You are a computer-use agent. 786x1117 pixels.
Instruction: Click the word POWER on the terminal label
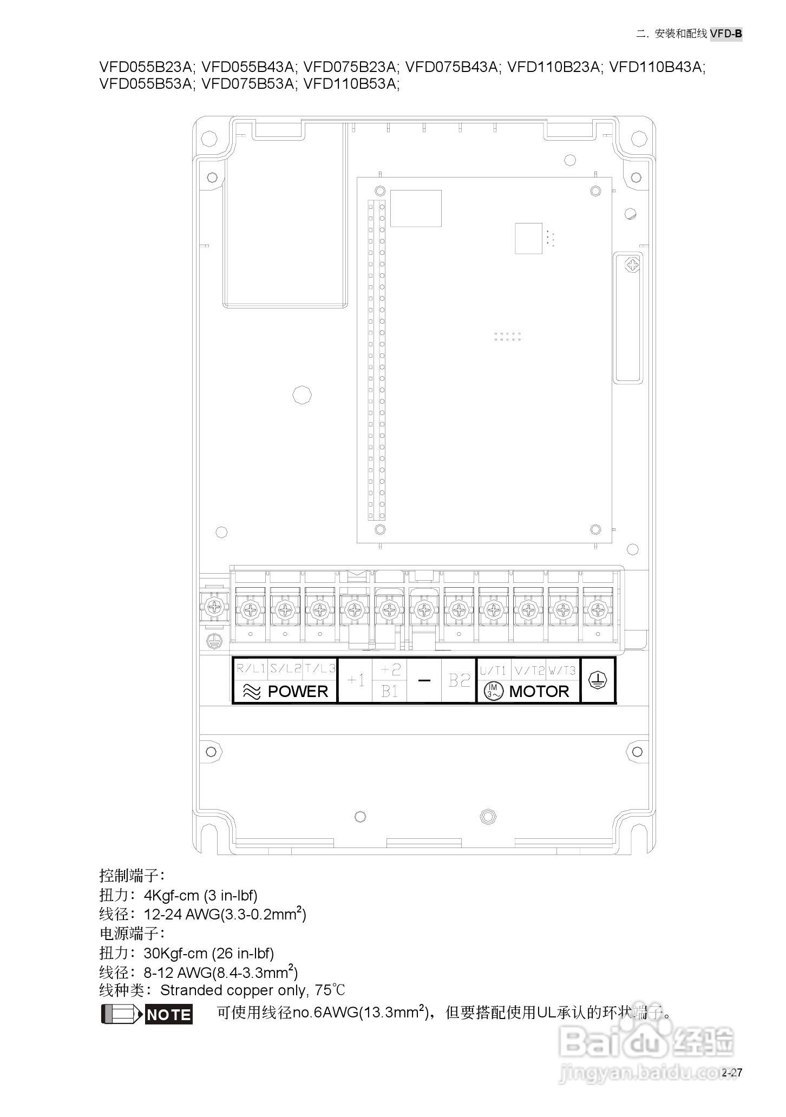click(298, 692)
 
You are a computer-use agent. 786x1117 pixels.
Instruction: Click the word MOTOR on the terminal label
click(539, 692)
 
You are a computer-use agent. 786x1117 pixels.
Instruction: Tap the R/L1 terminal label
click(251, 669)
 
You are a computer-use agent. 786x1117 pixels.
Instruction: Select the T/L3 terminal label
click(320, 669)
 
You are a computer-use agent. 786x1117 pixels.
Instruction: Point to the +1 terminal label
click(355, 680)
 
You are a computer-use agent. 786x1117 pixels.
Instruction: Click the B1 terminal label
click(390, 691)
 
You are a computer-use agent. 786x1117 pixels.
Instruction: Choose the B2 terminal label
click(459, 680)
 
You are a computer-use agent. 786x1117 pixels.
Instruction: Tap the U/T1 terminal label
click(493, 671)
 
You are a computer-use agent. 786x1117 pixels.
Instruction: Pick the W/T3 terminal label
click(562, 671)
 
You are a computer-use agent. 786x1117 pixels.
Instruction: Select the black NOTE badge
click(169, 1015)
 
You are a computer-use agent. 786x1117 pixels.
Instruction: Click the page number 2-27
click(732, 1073)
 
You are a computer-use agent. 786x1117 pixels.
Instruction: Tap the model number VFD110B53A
click(351, 84)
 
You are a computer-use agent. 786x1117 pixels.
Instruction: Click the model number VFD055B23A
click(146, 67)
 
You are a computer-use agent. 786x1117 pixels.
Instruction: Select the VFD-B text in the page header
click(726, 34)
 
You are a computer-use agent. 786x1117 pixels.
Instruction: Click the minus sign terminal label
click(424, 680)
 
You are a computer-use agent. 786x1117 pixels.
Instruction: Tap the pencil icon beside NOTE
click(122, 1014)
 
